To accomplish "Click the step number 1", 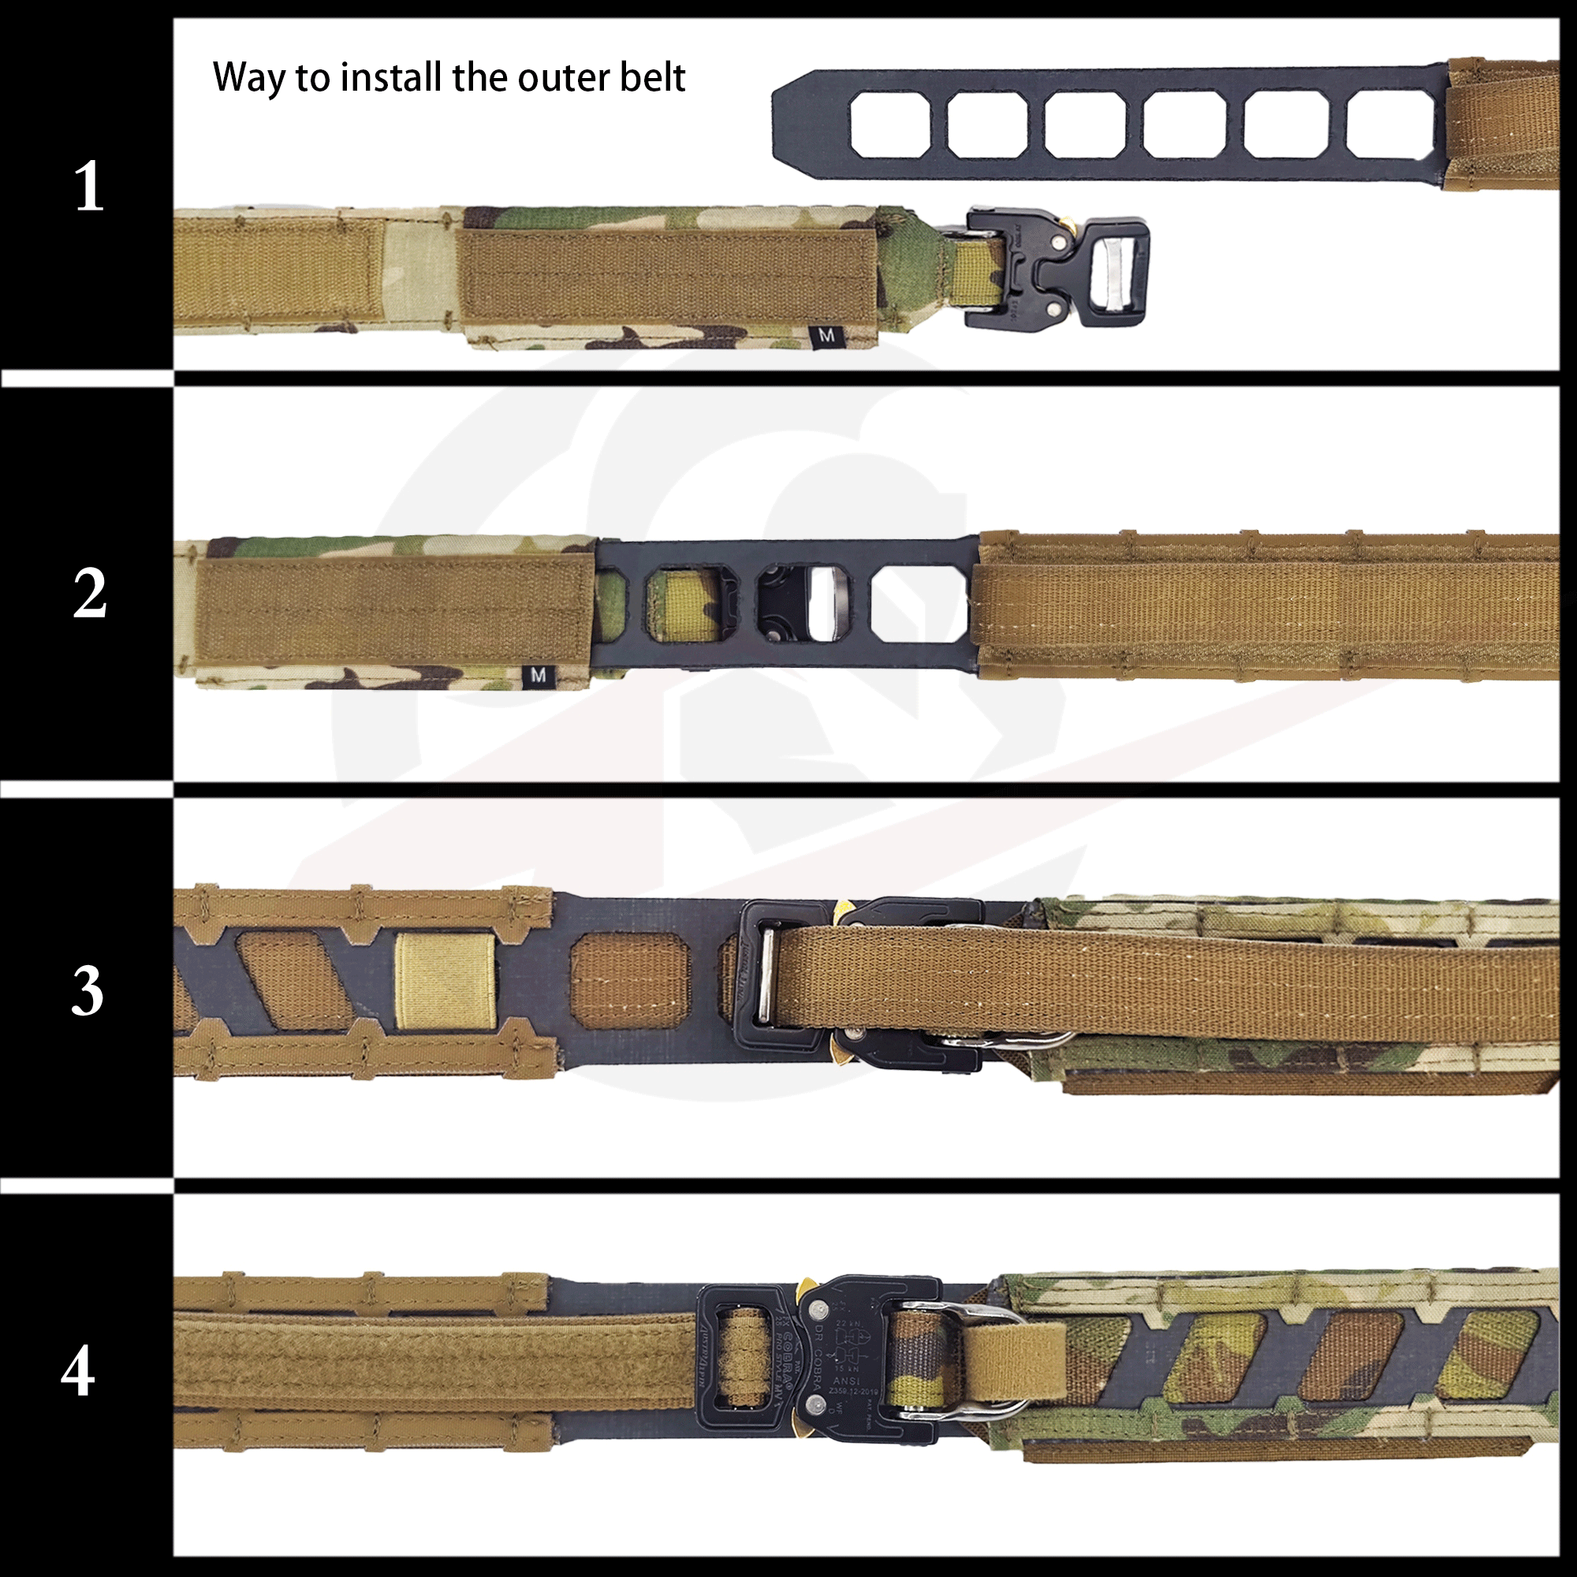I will click(88, 186).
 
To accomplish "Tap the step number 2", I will click(89, 594).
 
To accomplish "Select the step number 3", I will click(88, 991).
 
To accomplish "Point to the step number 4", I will click(77, 1371).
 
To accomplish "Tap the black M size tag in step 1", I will click(826, 334).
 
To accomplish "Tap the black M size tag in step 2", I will click(538, 675).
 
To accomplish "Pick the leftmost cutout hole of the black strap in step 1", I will click(889, 124).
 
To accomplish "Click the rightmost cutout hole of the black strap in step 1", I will click(1389, 124).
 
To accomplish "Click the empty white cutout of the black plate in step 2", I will click(919, 603).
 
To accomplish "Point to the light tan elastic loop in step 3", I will click(445, 981).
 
